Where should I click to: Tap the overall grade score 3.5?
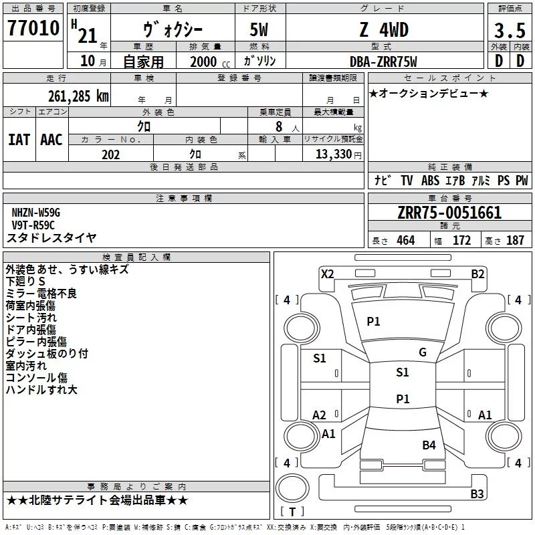coord(508,31)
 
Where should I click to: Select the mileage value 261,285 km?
coord(78,96)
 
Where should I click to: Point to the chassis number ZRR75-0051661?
coord(449,213)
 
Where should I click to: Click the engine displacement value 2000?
coord(203,62)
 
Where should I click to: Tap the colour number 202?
coord(110,154)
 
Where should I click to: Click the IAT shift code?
coord(19,140)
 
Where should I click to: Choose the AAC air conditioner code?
coord(51,140)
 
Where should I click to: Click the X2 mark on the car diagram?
coord(327,274)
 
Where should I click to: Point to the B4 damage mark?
coord(429,445)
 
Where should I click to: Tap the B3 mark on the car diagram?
coord(477,494)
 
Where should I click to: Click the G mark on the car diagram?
coord(422,352)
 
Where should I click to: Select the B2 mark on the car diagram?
coord(477,274)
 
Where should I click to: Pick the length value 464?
coord(405,241)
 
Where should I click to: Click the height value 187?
coord(515,241)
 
